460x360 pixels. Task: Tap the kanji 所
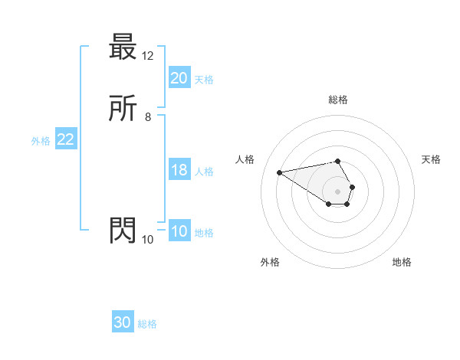123,110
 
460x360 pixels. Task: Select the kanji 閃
123,231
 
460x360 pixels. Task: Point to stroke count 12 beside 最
148,56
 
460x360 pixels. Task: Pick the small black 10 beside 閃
148,239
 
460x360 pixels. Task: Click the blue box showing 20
179,78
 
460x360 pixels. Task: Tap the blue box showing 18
179,170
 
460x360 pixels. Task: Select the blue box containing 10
179,231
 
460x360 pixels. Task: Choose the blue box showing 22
65,139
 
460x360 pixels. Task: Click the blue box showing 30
123,322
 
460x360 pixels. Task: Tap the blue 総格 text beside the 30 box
147,324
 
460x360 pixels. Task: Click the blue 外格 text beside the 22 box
41,141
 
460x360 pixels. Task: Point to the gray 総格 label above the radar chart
338,100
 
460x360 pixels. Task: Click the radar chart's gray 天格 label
431,159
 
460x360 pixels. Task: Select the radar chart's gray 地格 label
402,262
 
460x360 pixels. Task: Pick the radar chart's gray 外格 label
270,262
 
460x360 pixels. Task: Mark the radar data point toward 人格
280,172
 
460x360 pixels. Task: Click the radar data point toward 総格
338,161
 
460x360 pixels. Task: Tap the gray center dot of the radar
338,191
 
